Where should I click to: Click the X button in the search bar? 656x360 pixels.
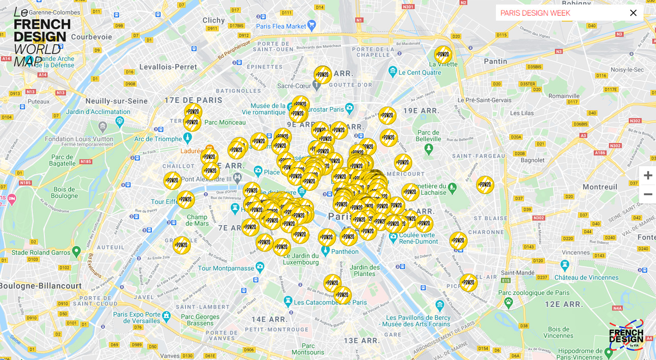click(x=633, y=13)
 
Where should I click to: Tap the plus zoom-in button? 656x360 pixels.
click(x=647, y=175)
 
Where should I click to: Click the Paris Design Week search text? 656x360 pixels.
click(x=535, y=13)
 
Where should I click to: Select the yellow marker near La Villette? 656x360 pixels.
click(x=442, y=55)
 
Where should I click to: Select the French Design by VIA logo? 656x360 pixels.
click(x=626, y=335)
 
